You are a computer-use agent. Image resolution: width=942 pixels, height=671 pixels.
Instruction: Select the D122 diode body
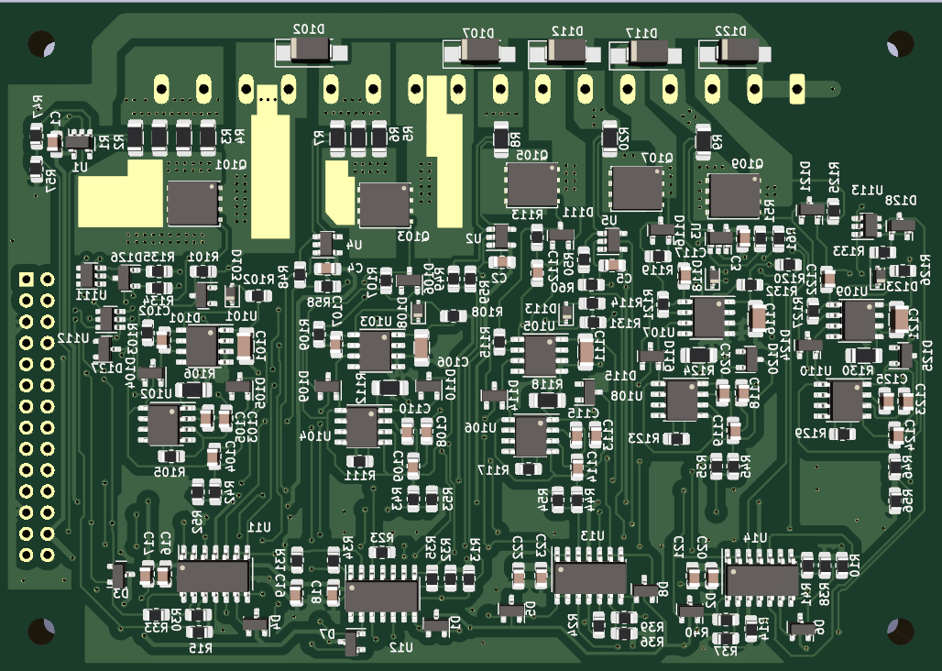(x=732, y=53)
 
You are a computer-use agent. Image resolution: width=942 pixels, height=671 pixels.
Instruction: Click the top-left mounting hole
(x=41, y=43)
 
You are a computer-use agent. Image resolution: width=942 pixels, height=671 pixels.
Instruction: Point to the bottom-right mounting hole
(x=900, y=631)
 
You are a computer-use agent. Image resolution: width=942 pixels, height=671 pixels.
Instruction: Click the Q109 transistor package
(x=734, y=195)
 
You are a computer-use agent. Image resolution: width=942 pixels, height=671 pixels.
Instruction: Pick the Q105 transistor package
(x=531, y=184)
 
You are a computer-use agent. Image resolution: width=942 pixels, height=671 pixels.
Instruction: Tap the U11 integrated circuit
(x=214, y=576)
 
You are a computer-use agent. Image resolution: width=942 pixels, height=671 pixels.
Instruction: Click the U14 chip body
(x=761, y=579)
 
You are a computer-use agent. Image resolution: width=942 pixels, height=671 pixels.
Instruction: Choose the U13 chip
(x=590, y=577)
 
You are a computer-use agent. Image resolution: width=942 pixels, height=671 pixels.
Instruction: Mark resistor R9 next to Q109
(x=704, y=141)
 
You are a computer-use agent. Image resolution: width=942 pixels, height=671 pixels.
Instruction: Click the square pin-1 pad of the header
(x=27, y=279)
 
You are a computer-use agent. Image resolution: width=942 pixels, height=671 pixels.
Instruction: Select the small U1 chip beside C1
(x=79, y=142)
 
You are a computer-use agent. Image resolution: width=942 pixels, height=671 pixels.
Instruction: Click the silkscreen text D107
(x=477, y=32)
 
